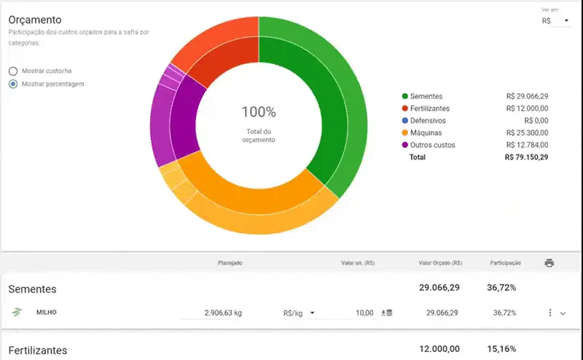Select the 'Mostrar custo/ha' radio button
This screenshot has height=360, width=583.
pyautogui.click(x=13, y=71)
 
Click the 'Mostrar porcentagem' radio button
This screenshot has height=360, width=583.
pyautogui.click(x=13, y=84)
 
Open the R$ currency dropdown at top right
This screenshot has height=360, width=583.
pyautogui.click(x=555, y=21)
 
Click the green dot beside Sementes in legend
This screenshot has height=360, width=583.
pyautogui.click(x=404, y=96)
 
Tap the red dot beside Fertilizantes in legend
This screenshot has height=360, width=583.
pyautogui.click(x=404, y=109)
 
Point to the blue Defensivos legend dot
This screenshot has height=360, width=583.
pyautogui.click(x=404, y=120)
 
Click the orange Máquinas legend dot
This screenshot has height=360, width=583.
pyautogui.click(x=404, y=133)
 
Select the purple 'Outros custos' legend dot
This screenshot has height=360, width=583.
pyautogui.click(x=404, y=145)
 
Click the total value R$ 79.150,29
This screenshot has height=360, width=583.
pyautogui.click(x=526, y=157)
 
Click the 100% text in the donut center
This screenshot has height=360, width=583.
pyautogui.click(x=259, y=112)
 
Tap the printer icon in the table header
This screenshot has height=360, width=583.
pyautogui.click(x=549, y=262)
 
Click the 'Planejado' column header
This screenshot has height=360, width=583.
pyautogui.click(x=230, y=262)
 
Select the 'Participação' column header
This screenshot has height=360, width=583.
pyautogui.click(x=505, y=262)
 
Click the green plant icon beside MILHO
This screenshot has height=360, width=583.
pyautogui.click(x=17, y=313)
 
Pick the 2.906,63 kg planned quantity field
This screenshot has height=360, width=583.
pyautogui.click(x=218, y=313)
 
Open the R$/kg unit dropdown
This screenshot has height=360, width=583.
pyautogui.click(x=299, y=313)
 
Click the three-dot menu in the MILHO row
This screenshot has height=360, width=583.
pyautogui.click(x=549, y=313)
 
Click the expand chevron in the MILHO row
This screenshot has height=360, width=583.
pyautogui.click(x=562, y=313)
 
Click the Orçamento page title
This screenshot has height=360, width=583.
pyautogui.click(x=35, y=20)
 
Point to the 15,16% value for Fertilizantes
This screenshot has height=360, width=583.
pyautogui.click(x=501, y=350)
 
